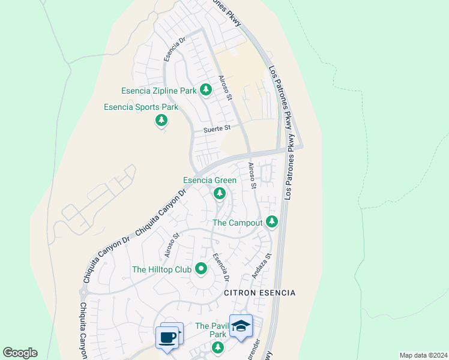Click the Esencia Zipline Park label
pos(159,91)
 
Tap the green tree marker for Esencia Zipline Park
pos(206,90)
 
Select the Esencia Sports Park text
pos(141,107)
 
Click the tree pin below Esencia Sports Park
pos(161,121)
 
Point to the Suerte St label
pos(217,128)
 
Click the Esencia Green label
pos(209,180)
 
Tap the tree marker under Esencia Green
pos(220,193)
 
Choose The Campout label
pos(238,223)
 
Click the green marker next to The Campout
pos(272,222)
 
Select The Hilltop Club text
pos(161,269)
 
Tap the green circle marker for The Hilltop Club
pos(200,269)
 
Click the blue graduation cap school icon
pos(241,326)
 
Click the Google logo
pos(20,353)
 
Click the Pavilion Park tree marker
pos(217,347)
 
